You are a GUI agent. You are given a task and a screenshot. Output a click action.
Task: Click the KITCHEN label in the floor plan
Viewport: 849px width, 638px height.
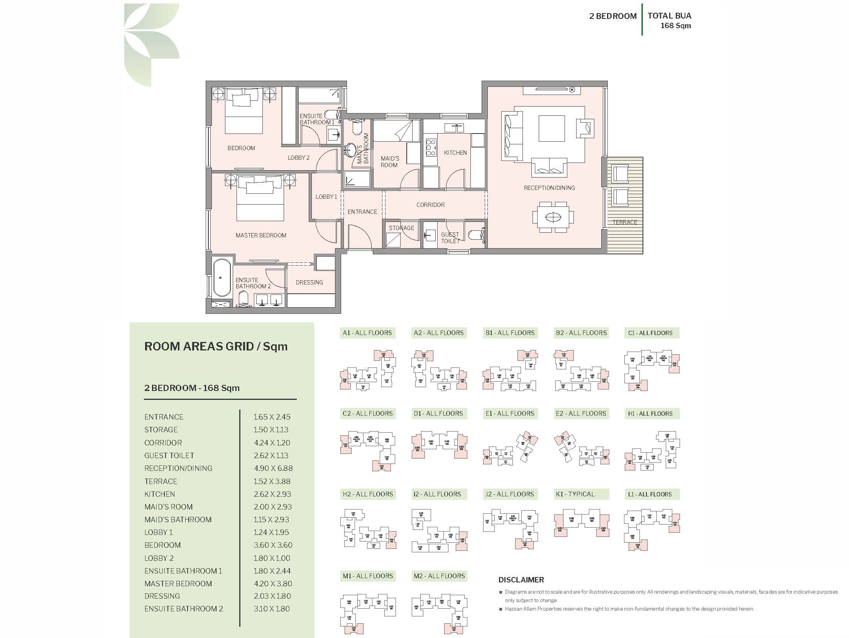click(x=455, y=153)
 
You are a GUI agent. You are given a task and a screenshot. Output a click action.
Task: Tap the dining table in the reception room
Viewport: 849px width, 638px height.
click(x=553, y=218)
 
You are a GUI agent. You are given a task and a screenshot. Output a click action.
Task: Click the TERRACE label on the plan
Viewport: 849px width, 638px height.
click(x=625, y=222)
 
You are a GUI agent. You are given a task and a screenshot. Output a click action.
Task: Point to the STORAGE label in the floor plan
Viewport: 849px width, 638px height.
click(x=401, y=228)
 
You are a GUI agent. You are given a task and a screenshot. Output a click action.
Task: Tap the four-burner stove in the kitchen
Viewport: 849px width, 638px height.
click(x=431, y=148)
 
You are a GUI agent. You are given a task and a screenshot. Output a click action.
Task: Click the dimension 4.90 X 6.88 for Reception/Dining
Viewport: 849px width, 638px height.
click(x=273, y=468)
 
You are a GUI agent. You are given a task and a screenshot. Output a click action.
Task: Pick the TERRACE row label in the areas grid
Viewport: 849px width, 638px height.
click(x=161, y=481)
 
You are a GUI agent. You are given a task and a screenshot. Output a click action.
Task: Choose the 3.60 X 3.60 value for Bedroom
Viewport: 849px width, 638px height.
click(x=273, y=545)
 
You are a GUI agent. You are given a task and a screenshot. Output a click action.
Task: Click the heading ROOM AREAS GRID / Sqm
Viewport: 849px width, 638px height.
click(x=216, y=346)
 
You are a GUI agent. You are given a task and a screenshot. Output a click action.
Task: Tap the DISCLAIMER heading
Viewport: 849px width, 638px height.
click(x=521, y=580)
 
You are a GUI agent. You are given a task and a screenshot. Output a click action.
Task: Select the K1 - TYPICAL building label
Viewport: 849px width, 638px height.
click(x=575, y=494)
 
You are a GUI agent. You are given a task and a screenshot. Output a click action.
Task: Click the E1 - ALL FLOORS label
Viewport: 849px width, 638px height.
click(x=510, y=413)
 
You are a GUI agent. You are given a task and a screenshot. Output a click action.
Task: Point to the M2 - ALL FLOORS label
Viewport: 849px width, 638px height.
click(x=439, y=576)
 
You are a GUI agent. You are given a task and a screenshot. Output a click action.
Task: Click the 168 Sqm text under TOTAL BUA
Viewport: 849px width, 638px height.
click(x=675, y=26)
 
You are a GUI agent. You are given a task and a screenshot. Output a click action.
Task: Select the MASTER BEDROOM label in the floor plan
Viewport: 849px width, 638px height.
click(x=261, y=235)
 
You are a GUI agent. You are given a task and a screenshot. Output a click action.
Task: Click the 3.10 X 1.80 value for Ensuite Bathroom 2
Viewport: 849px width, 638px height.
click(x=272, y=609)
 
